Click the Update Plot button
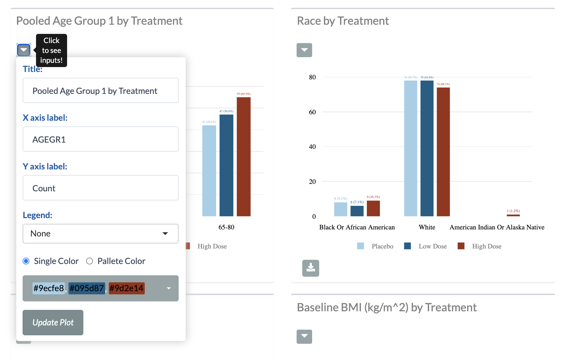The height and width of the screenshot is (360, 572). [53, 322]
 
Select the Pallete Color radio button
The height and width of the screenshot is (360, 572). [90, 261]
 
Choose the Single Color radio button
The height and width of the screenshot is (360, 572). [26, 261]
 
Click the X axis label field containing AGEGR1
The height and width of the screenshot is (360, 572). [100, 139]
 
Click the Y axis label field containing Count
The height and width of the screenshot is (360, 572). [100, 188]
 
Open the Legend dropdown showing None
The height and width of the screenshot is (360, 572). [100, 234]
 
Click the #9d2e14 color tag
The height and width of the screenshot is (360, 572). [126, 288]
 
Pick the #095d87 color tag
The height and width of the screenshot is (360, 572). [87, 288]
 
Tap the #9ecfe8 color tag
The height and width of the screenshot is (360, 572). [49, 288]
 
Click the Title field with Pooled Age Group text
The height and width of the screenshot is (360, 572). [100, 90]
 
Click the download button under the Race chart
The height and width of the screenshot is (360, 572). [311, 268]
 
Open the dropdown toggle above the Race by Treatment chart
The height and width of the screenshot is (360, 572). [304, 50]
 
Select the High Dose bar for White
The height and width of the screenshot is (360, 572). [443, 152]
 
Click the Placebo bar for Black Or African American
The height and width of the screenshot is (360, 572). [341, 209]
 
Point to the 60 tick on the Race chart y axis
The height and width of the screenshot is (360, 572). [312, 112]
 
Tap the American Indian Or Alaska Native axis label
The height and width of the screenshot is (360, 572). [497, 227]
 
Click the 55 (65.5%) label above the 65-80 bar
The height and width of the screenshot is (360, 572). [244, 94]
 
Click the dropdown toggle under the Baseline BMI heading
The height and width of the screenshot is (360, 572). [304, 337]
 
